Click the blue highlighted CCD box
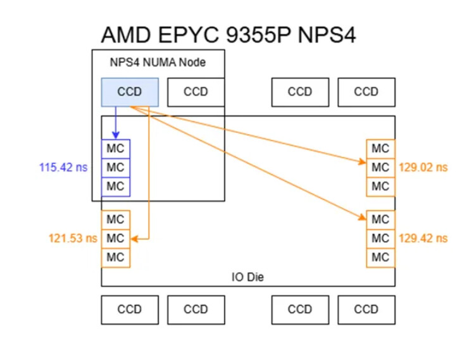[x=130, y=92]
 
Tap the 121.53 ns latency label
[x=73, y=239]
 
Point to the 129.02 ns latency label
[x=423, y=168]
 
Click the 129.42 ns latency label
[x=423, y=239]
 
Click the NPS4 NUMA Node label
[x=158, y=63]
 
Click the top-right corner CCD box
[x=366, y=92]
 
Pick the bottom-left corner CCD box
[x=130, y=310]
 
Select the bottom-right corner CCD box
[x=366, y=310]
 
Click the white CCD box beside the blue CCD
[x=196, y=92]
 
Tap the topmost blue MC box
[x=115, y=149]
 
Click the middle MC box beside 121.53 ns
[x=115, y=239]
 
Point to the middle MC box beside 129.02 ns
[x=380, y=168]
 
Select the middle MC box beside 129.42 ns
[x=380, y=239]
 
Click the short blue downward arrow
[x=115, y=122]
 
